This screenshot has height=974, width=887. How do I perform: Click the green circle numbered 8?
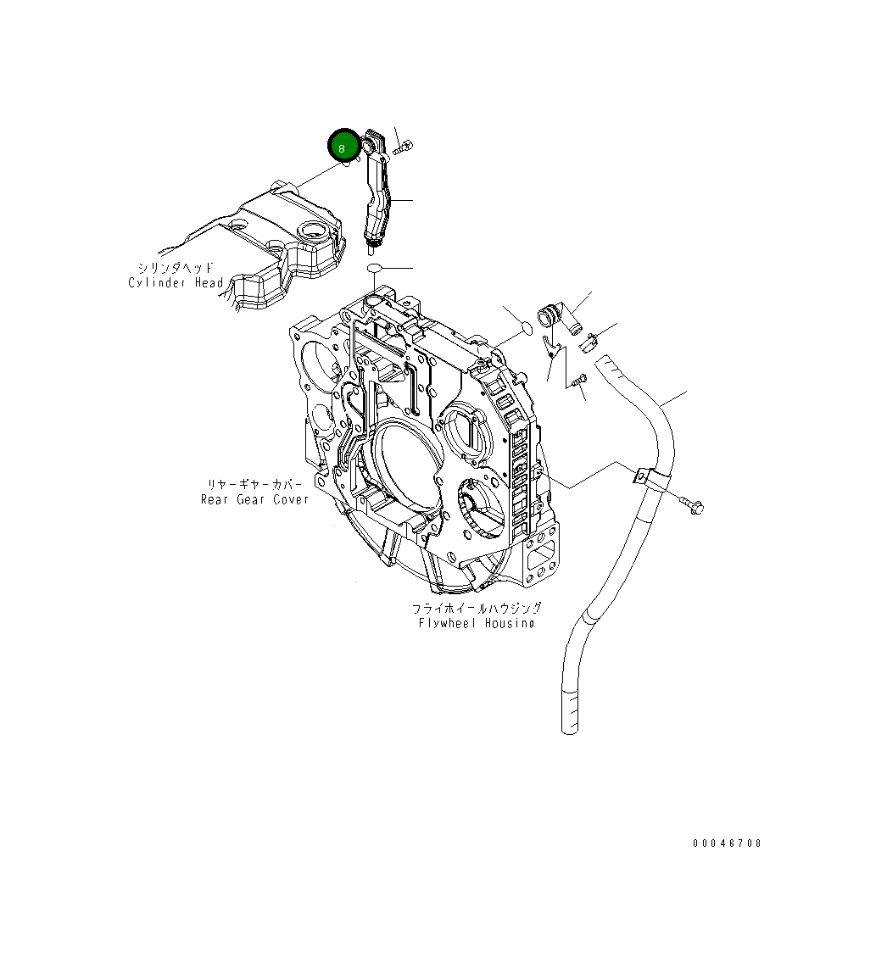[343, 146]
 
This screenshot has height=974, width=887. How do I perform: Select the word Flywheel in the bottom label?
[449, 623]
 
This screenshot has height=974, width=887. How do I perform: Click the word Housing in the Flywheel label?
[511, 623]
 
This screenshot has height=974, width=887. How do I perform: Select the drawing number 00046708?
[727, 843]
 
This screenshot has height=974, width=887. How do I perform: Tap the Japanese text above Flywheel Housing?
[477, 609]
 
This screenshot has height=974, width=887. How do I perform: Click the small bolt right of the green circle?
[403, 149]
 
